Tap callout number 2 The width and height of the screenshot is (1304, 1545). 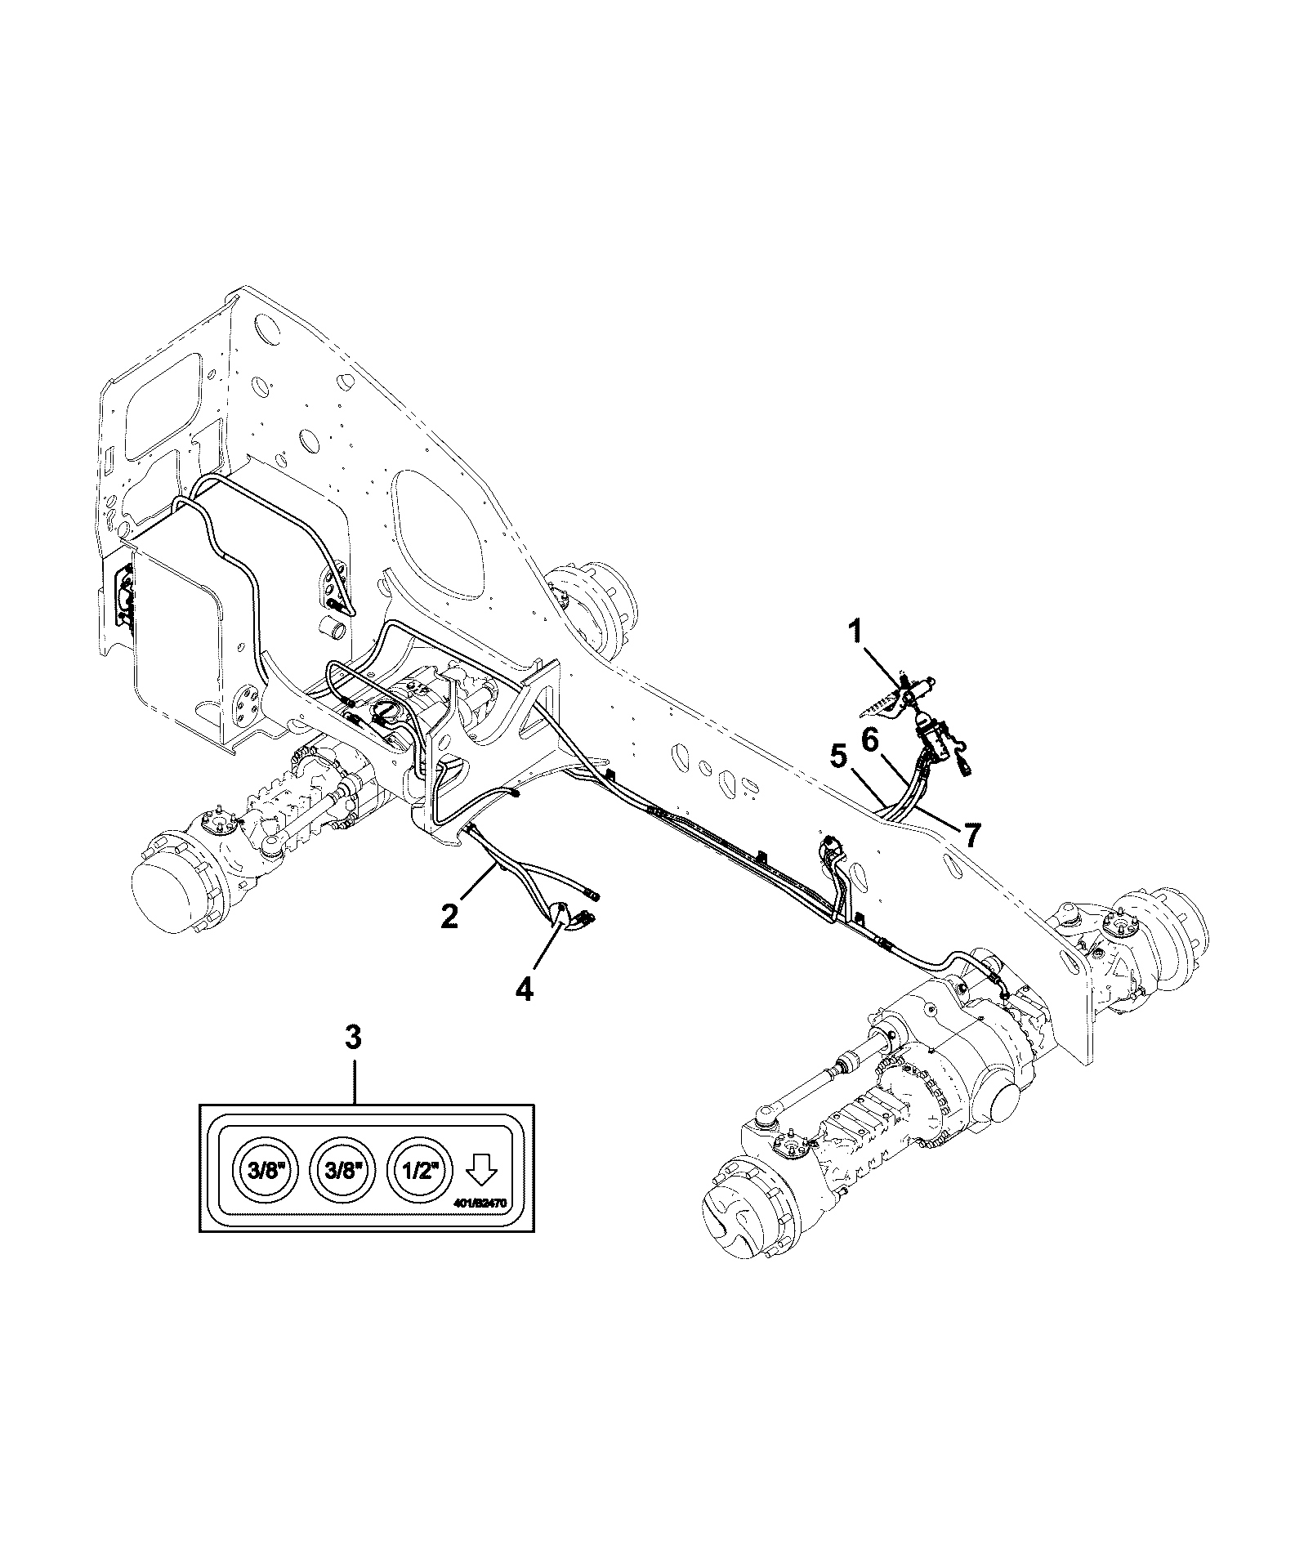click(x=449, y=914)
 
